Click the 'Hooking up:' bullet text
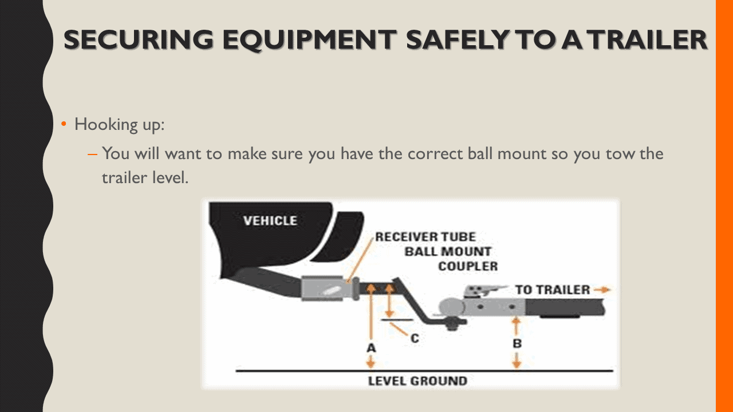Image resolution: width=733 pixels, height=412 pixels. coord(119,124)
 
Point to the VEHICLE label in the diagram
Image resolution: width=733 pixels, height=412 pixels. coord(270,221)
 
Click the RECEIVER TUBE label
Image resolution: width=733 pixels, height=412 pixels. coord(425,237)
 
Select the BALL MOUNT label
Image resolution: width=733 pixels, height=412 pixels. coord(448,252)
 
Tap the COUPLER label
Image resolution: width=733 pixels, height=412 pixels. coord(468,266)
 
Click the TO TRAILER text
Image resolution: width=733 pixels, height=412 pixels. coord(552,290)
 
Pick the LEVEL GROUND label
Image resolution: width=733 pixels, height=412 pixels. coord(417,381)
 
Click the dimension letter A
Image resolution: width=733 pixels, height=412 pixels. coord(371,347)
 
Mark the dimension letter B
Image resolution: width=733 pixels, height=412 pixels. coord(517,344)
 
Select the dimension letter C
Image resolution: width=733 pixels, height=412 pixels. coord(415,339)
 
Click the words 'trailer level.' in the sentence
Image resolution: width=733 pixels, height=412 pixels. coord(145,177)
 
